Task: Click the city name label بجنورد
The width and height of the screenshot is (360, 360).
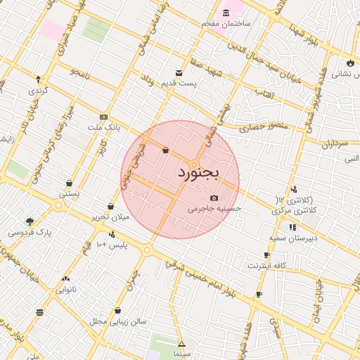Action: (x=198, y=172)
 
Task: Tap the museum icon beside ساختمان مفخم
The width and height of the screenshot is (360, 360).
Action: (x=226, y=13)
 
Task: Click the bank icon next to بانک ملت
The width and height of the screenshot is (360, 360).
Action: (x=103, y=117)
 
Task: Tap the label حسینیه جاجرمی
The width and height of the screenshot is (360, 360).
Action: (x=214, y=209)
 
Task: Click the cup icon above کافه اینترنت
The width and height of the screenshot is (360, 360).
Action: (x=266, y=255)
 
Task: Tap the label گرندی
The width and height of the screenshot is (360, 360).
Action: (x=37, y=91)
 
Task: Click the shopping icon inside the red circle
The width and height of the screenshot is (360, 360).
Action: (x=165, y=150)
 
